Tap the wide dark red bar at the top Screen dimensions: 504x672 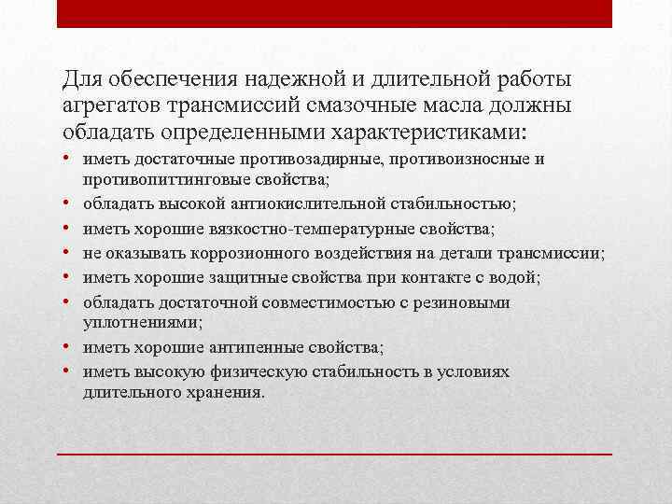tap(335, 13)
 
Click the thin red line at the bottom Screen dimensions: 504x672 tap(335, 454)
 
